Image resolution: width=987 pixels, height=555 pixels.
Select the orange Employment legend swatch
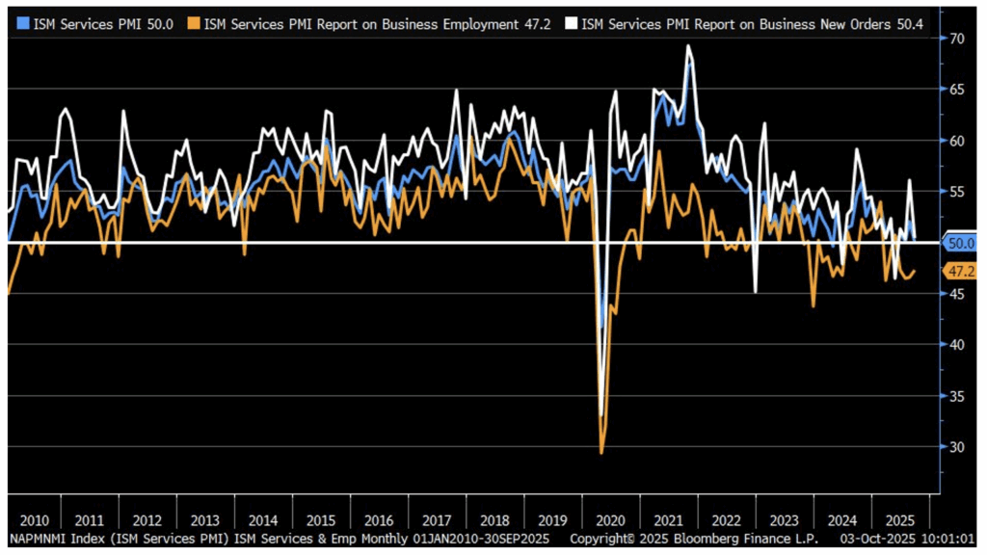pyautogui.click(x=196, y=22)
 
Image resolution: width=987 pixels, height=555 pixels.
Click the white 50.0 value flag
pyautogui.click(x=962, y=243)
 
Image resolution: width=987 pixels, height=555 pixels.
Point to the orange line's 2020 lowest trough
pyautogui.click(x=601, y=453)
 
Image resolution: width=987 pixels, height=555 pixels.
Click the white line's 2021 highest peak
pyautogui.click(x=688, y=46)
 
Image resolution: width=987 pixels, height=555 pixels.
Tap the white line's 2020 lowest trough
pyautogui.click(x=601, y=414)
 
